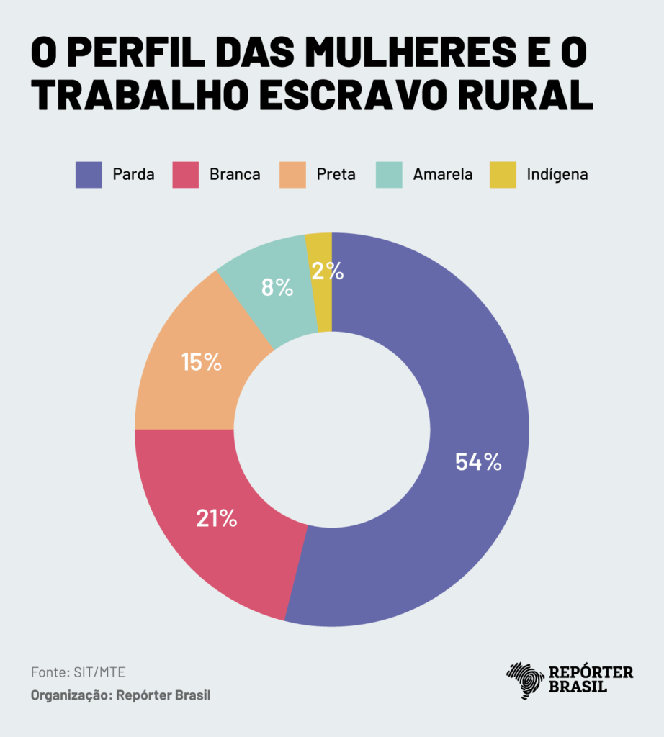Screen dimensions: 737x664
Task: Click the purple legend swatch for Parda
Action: click(89, 174)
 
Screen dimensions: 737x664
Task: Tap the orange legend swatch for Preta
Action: click(292, 174)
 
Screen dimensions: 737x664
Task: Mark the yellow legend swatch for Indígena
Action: click(503, 174)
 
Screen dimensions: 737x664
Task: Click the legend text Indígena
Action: click(557, 174)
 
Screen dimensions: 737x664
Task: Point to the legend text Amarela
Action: click(443, 174)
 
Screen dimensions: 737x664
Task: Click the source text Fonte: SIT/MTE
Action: click(78, 672)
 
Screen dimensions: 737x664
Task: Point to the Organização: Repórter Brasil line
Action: click(121, 696)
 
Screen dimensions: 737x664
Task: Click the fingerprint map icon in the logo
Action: click(526, 680)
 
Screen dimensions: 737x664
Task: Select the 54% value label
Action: click(477, 462)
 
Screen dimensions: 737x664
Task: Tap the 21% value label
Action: click(217, 518)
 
